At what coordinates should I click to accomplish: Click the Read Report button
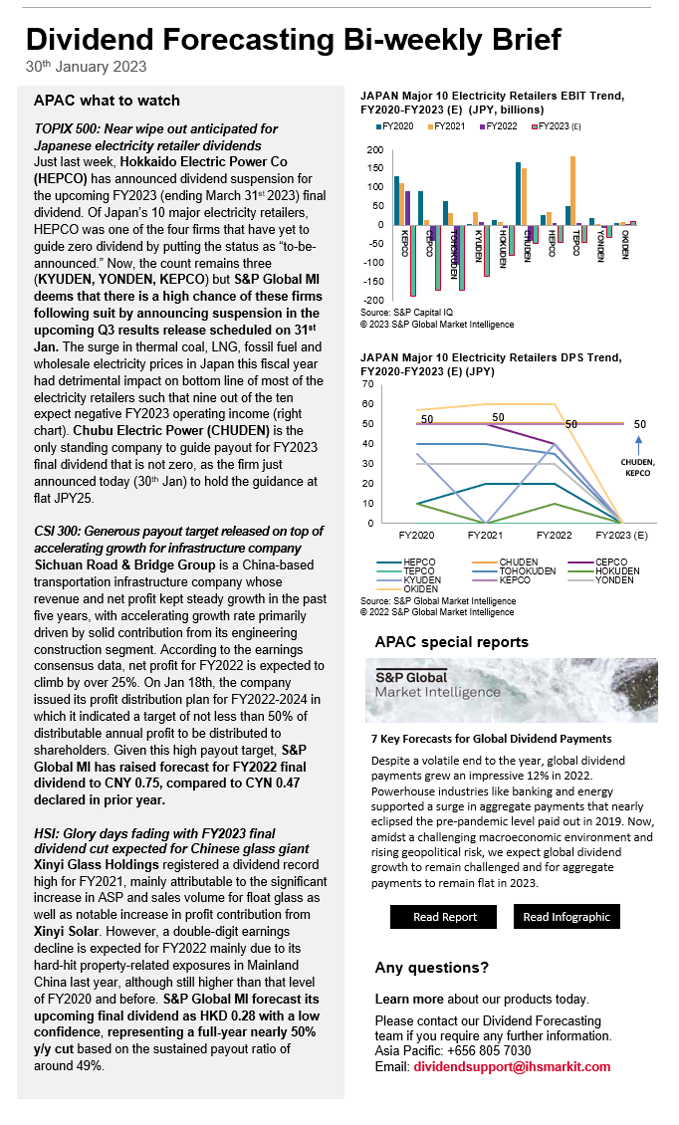click(445, 917)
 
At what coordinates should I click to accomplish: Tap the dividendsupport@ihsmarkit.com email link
click(512, 1066)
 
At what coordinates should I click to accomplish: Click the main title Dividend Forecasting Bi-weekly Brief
click(293, 39)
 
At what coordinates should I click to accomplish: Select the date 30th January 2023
click(87, 67)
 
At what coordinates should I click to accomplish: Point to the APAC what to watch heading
click(107, 101)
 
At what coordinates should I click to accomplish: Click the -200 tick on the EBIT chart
click(374, 300)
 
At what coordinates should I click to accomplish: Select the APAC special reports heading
click(451, 642)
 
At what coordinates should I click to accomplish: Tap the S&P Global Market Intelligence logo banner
click(511, 689)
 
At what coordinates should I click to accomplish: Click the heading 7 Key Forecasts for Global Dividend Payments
click(491, 739)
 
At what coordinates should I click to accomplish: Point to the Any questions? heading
click(431, 968)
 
